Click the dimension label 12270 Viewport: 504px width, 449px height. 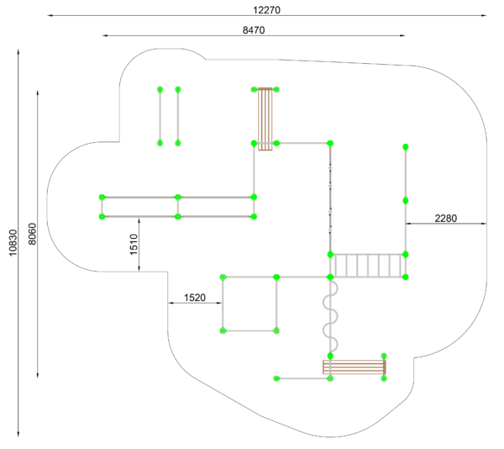(x=266, y=10)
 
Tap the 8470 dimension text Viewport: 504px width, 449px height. (x=254, y=30)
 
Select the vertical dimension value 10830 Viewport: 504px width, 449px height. (x=13, y=243)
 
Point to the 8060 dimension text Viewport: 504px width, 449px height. (x=33, y=234)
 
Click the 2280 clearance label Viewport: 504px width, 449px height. (x=445, y=219)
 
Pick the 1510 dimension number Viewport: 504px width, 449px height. (x=134, y=245)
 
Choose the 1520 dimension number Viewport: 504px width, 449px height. (x=195, y=298)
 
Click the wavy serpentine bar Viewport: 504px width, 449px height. (x=331, y=316)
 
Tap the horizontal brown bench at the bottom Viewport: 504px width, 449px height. (x=354, y=367)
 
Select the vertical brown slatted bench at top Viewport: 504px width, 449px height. (x=265, y=119)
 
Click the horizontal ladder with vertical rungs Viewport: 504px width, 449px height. (x=368, y=266)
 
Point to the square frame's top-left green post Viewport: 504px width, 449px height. (x=223, y=277)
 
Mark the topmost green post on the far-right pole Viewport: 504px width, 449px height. (x=406, y=147)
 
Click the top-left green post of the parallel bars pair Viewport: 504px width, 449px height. (x=160, y=89)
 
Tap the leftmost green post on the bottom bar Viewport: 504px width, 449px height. (x=276, y=378)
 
